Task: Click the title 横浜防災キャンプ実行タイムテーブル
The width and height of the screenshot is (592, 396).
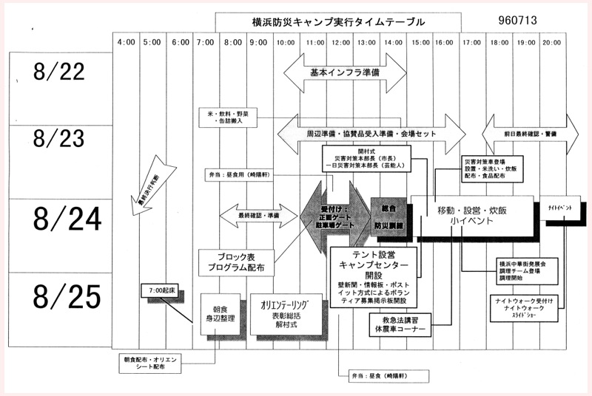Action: pos(337,22)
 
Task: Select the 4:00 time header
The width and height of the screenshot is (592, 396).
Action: pos(126,42)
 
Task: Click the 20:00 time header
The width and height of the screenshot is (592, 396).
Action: pos(553,42)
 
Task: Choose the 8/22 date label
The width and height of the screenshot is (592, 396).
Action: pos(59,72)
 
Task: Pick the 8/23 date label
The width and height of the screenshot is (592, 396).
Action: pos(59,139)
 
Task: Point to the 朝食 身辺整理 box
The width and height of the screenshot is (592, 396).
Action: pos(219,310)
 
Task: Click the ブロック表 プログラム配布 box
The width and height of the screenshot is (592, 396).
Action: pos(235,261)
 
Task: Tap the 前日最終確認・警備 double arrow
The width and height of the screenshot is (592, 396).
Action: pos(530,134)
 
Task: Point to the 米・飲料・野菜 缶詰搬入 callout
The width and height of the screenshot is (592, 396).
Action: pos(229,117)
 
